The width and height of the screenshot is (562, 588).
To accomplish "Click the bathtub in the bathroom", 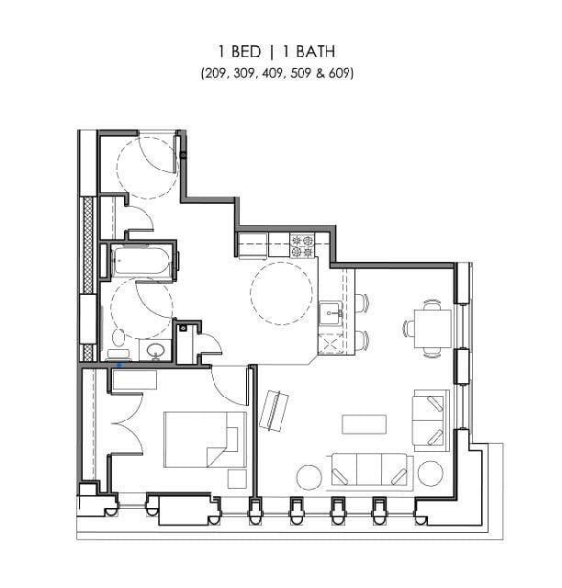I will (x=142, y=262).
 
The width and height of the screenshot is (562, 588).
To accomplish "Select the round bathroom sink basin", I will (x=155, y=350).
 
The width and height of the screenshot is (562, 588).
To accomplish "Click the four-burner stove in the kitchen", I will (x=303, y=245).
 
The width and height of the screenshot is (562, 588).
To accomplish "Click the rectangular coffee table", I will (x=365, y=424).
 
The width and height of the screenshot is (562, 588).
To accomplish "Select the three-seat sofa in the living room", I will (x=370, y=470).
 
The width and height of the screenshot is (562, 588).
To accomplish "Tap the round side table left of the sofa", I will (x=309, y=476).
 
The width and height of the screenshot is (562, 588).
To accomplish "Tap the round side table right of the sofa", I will (x=431, y=474).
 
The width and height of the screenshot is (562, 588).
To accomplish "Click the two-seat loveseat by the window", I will (x=430, y=420).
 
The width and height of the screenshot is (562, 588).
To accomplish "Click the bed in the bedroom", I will (x=204, y=440).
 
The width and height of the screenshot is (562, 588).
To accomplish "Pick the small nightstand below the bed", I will (x=237, y=479).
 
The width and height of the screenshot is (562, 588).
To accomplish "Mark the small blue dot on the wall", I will (x=118, y=365).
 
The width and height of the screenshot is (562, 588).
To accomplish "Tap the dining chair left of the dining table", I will (x=407, y=326).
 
